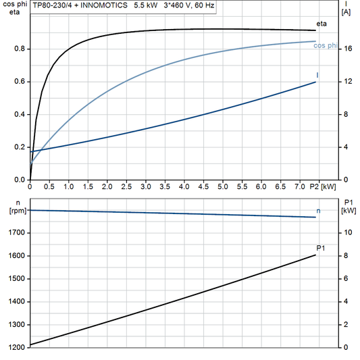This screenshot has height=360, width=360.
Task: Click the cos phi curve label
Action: (326, 45)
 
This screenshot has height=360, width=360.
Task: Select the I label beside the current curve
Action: (317, 74)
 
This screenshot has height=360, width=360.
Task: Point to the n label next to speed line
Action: (319, 211)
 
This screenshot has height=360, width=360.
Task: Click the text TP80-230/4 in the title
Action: (53, 5)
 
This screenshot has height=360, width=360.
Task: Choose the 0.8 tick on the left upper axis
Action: (20, 49)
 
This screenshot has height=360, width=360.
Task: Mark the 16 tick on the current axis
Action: (346, 49)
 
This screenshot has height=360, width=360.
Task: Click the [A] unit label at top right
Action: (346, 11)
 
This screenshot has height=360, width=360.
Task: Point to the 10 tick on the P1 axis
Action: (346, 232)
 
